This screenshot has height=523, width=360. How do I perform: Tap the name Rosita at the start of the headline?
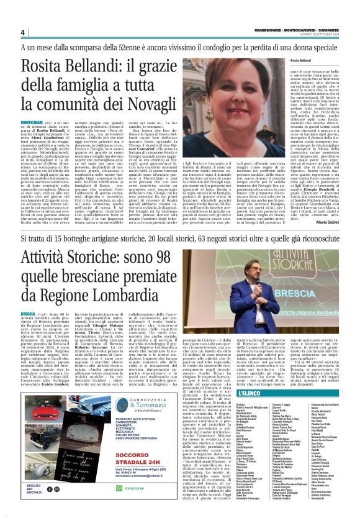click(43, 64)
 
